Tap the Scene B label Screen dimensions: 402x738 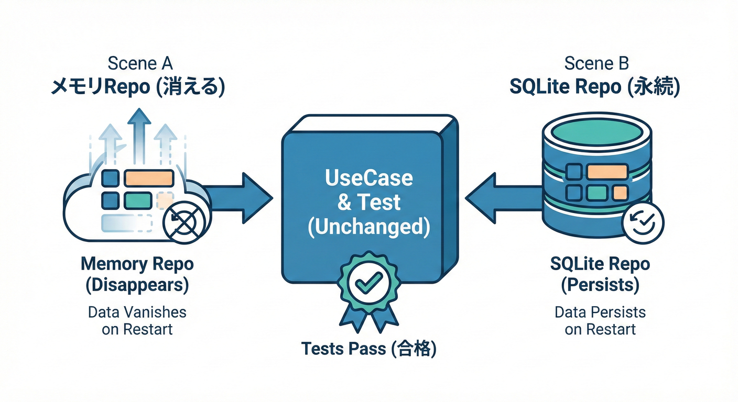(x=596, y=63)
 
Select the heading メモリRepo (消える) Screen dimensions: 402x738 (x=137, y=87)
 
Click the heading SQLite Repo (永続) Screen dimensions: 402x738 (x=594, y=87)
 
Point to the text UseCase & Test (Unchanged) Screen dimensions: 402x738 (x=369, y=202)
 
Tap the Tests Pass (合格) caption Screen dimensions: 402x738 (x=369, y=349)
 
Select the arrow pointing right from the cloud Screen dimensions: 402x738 (x=238, y=197)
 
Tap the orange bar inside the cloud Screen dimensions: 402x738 (x=148, y=178)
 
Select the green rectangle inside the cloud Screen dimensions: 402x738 (x=137, y=199)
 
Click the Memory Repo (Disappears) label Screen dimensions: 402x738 (x=137, y=274)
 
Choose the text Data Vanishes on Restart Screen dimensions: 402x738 (x=137, y=321)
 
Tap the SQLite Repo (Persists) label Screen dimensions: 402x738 (x=600, y=274)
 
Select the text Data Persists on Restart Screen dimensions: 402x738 (x=600, y=321)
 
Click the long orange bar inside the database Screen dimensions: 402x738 (x=607, y=172)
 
